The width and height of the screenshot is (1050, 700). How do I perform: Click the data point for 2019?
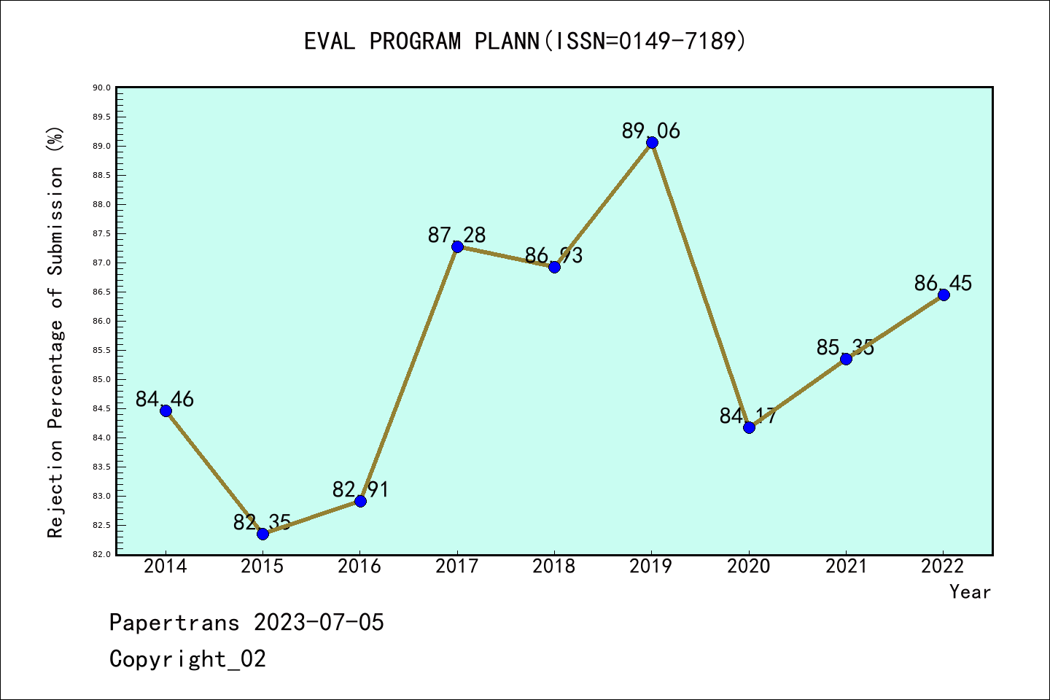click(652, 142)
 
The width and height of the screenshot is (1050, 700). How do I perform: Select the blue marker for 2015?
click(262, 534)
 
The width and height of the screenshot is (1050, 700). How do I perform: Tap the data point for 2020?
click(749, 427)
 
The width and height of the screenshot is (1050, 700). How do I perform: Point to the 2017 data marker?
click(457, 246)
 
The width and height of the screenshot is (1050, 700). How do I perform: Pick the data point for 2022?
click(944, 295)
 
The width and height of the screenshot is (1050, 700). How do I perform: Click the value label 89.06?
click(650, 131)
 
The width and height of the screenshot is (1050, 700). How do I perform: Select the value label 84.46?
click(165, 399)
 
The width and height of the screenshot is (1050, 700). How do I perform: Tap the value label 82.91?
click(360, 489)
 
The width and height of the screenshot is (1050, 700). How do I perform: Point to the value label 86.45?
click(943, 283)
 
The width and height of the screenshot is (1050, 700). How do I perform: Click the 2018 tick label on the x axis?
click(554, 567)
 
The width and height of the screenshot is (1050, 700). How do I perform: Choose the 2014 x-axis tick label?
click(166, 567)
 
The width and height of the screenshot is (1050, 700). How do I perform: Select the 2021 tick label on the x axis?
click(846, 567)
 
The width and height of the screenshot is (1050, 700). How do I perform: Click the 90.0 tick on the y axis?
click(101, 88)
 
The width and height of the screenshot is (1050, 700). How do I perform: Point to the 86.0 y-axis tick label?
click(101, 322)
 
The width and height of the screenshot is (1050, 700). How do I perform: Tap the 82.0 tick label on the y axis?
click(101, 555)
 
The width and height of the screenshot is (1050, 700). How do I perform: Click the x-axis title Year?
click(970, 592)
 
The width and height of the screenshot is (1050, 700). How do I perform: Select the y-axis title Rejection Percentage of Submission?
click(56, 332)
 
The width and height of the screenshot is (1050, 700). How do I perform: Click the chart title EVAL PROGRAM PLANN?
click(525, 42)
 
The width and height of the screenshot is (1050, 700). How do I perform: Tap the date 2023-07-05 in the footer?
click(319, 623)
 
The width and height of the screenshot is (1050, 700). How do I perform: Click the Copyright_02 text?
click(187, 659)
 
